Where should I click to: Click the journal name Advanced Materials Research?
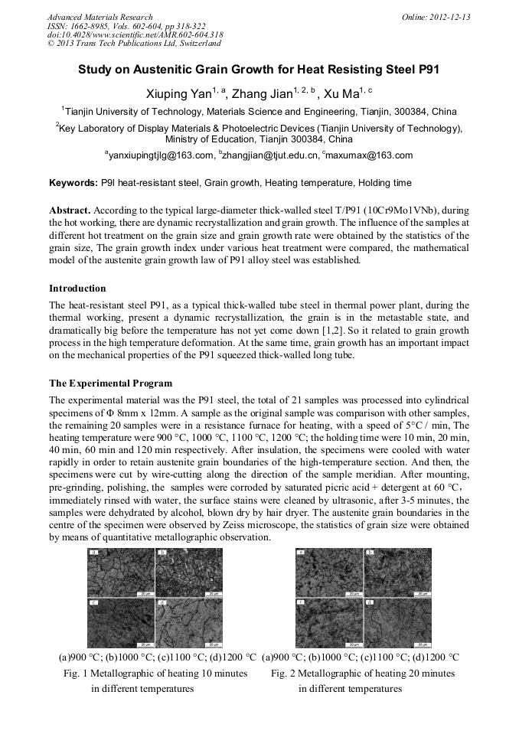tap(100, 17)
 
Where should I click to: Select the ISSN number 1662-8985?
tap(96, 26)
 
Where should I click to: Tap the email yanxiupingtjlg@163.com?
tap(162, 155)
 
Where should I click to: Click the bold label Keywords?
tap(73, 184)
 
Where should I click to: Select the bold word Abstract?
tap(70, 210)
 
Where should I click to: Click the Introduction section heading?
tap(77, 289)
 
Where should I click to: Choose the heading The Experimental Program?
tap(110, 383)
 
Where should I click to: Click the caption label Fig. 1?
tap(75, 674)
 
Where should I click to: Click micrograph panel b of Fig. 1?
tap(188, 572)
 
